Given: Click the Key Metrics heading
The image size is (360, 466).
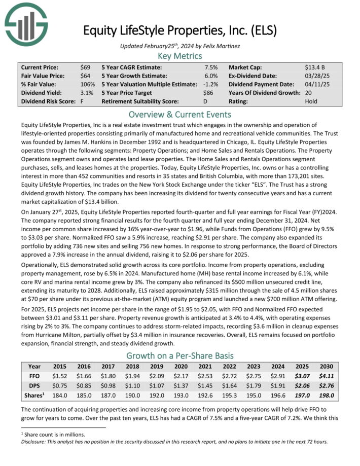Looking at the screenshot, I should pos(180,56).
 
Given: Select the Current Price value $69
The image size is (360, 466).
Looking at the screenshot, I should pos(85,67).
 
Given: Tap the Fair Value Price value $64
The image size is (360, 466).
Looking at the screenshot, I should pos(85,76).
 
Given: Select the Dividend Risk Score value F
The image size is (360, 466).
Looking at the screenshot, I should pos(82,101).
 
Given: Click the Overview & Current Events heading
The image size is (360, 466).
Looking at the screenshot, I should pos(180,114).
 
